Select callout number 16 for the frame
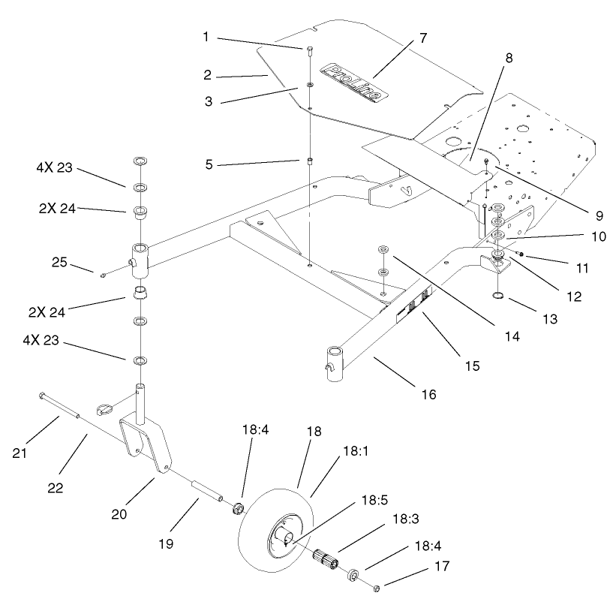point(425,393)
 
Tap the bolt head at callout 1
point(309,50)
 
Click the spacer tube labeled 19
point(207,492)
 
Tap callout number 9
point(599,215)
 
